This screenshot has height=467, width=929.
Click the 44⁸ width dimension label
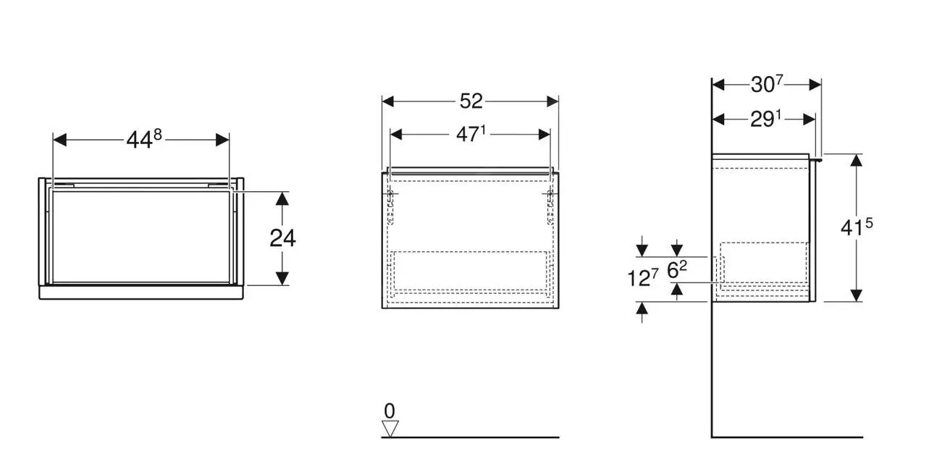143,139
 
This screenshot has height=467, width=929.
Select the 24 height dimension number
282,237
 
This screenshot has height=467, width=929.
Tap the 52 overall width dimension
471,101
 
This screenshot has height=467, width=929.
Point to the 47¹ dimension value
471,134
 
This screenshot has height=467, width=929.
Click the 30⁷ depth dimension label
767,84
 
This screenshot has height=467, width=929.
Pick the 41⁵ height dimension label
857,227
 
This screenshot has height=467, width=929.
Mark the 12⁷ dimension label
642,277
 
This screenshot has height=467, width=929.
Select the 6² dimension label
676,270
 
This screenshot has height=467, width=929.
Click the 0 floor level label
390,411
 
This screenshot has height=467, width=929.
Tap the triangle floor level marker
390,429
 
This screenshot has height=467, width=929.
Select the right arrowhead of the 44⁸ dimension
223,139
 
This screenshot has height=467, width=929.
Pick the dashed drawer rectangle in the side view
764,263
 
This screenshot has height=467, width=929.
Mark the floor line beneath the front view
471,437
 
